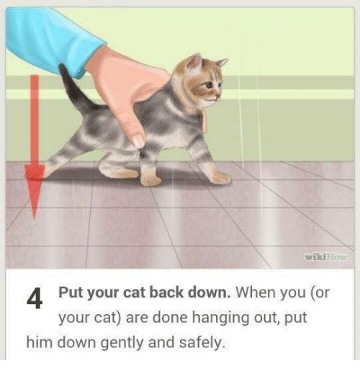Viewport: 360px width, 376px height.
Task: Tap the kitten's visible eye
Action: tap(209, 84)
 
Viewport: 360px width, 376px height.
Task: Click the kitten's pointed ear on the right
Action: tap(221, 63)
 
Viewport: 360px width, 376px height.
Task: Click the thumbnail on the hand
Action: tap(139, 142)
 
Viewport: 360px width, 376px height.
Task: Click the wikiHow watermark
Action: tap(326, 257)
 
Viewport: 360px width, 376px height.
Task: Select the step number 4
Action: tap(35, 298)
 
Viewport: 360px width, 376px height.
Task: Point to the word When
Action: tap(253, 292)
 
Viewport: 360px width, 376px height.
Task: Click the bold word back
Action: tap(166, 292)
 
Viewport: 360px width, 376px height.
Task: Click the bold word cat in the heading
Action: tap(134, 292)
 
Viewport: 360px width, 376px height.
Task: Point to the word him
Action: tap(39, 342)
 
